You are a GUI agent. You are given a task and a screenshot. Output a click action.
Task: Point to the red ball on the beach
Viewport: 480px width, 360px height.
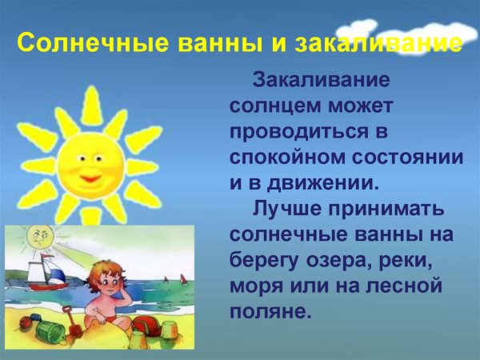(145, 326)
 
